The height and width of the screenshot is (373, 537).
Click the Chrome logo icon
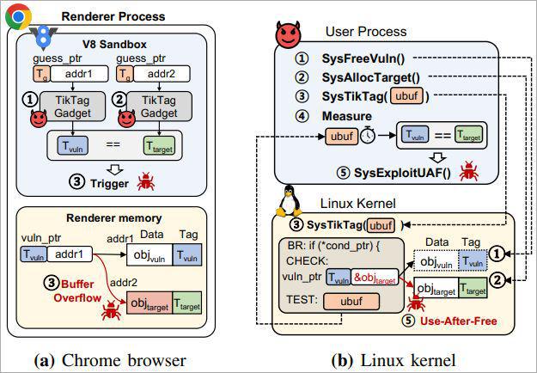[19, 16]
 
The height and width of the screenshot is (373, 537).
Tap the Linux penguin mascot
[289, 201]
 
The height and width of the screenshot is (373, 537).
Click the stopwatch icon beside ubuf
[368, 135]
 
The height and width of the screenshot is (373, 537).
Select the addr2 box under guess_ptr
[162, 74]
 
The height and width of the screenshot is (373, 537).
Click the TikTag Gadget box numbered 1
[73, 107]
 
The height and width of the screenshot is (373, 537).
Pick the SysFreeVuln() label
[363, 58]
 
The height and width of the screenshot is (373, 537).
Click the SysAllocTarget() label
[371, 77]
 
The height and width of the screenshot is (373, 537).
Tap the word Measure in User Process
[347, 116]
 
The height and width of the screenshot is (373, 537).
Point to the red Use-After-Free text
[459, 321]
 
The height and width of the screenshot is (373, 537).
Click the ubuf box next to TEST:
[351, 302]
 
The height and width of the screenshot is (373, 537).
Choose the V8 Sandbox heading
[114, 44]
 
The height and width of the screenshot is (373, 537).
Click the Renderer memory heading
[114, 217]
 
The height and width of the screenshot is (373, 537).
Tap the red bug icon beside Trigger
[145, 181]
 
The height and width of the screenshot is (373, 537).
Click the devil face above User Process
[288, 34]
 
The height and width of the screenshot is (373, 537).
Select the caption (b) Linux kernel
[394, 360]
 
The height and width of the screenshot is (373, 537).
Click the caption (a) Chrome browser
[110, 360]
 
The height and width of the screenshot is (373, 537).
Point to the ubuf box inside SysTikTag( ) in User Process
[406, 96]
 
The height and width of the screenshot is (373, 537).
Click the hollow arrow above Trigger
[115, 169]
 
